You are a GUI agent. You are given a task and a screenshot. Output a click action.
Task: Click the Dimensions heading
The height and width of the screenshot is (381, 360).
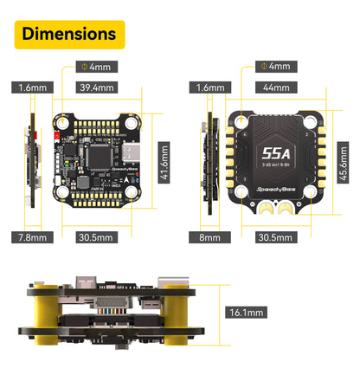(68, 34)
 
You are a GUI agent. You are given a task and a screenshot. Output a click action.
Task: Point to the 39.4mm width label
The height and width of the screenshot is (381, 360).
(95, 87)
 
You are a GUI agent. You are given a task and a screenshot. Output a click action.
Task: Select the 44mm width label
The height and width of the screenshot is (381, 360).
(275, 87)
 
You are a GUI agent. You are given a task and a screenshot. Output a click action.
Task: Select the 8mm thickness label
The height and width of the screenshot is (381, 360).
(209, 236)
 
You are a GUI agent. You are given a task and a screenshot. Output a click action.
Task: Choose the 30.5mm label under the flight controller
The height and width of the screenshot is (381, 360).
(95, 236)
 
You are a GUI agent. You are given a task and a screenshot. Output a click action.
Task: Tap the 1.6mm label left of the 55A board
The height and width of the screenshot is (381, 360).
(209, 87)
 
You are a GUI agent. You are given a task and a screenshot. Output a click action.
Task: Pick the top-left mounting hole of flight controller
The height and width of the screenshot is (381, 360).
(62, 122)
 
